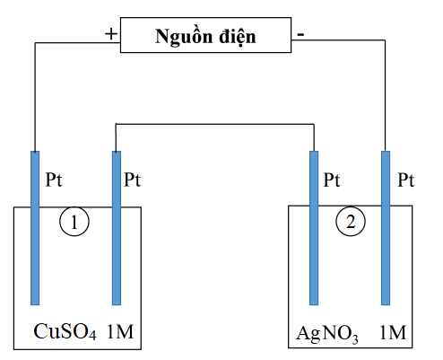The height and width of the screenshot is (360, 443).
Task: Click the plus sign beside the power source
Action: coord(111,34)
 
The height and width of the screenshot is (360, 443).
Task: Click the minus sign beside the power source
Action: coord(300,34)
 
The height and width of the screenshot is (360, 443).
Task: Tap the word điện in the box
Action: coord(238,37)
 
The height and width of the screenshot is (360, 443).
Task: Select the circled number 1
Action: coord(74,222)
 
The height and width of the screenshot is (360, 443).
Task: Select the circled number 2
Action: coord(351,222)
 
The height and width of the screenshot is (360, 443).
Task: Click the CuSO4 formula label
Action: coord(65,331)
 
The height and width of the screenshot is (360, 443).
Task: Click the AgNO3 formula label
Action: coord(326,333)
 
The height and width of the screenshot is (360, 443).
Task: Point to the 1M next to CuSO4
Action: coord(120,331)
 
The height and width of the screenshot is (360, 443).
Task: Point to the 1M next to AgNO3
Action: coord(393,332)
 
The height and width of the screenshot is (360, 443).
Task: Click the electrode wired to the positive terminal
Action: coord(35,228)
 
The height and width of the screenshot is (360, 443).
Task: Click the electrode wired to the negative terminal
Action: coord(386,228)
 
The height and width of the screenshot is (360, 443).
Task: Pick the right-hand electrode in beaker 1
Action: coord(117,228)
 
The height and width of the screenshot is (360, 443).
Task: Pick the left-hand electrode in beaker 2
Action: coord(314,228)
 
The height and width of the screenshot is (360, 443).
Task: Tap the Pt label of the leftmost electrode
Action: coord(54,180)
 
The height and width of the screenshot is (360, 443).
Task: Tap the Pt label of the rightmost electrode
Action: coord(405,180)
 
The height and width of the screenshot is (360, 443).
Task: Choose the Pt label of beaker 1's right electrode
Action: coord(132,180)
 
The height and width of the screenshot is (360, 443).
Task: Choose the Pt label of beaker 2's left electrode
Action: coord(332,180)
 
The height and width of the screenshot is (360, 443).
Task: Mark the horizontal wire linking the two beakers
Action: coord(215,124)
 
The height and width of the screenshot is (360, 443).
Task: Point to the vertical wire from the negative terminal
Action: coord(385,95)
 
